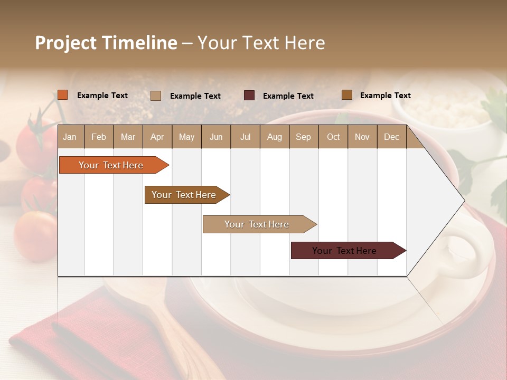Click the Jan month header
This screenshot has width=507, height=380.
coord(70,137)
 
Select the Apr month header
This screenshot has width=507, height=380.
coord(157,137)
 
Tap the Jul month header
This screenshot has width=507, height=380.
coord(245,137)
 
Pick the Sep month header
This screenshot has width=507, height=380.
coord(303,137)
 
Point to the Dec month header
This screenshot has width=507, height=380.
coord(391,137)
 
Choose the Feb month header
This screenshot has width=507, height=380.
coord(99,137)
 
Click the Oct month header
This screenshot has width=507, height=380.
coord(333,137)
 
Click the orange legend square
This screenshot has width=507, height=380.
coord(63,95)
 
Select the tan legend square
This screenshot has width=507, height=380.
coord(156,96)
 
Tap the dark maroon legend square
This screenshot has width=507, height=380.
coord(249,96)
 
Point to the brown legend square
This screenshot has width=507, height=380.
coord(347,95)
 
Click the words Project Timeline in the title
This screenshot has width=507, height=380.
coord(106,43)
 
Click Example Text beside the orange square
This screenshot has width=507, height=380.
coord(102,96)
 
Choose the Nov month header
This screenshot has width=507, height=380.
coord(362,137)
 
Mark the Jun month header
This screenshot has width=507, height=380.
coord(216,137)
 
